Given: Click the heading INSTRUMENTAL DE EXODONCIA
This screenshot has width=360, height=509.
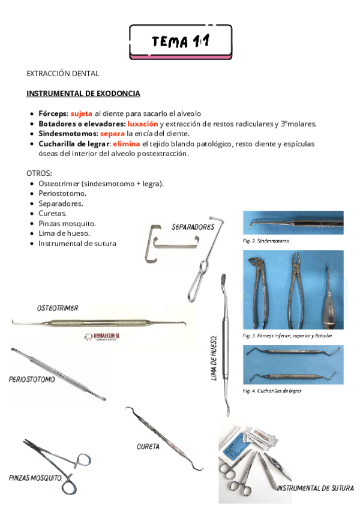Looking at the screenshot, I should [83, 94].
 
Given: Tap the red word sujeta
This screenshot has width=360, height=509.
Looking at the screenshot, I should [82, 113].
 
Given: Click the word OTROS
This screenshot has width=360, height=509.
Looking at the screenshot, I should [38, 173].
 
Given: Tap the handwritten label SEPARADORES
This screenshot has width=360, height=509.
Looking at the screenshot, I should [193, 227].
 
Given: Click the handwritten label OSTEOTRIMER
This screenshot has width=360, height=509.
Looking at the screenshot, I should [58, 308].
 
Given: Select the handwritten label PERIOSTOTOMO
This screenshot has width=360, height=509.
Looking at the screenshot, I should [32, 380].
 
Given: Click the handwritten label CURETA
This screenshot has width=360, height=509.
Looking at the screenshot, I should [148, 447].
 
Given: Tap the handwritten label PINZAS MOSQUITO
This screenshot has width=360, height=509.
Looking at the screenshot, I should [35, 478].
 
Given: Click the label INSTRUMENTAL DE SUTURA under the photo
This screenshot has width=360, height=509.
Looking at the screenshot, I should [315, 489].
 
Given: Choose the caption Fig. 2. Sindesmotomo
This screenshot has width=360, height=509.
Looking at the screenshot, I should [266, 241].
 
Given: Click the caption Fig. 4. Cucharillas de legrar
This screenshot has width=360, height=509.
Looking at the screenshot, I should [272, 391].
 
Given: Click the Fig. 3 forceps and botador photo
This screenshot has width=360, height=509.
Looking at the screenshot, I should [292, 289].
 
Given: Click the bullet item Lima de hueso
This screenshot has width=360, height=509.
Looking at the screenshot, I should [64, 233].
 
